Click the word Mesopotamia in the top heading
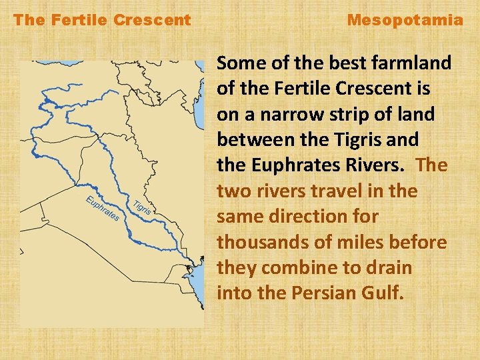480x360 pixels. [x=405, y=20]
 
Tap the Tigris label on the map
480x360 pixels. [x=142, y=207]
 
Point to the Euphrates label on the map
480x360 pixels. [x=103, y=209]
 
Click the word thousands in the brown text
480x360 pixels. [x=257, y=242]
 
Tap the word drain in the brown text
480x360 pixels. [x=389, y=268]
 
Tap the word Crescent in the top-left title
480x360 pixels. [x=152, y=20]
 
